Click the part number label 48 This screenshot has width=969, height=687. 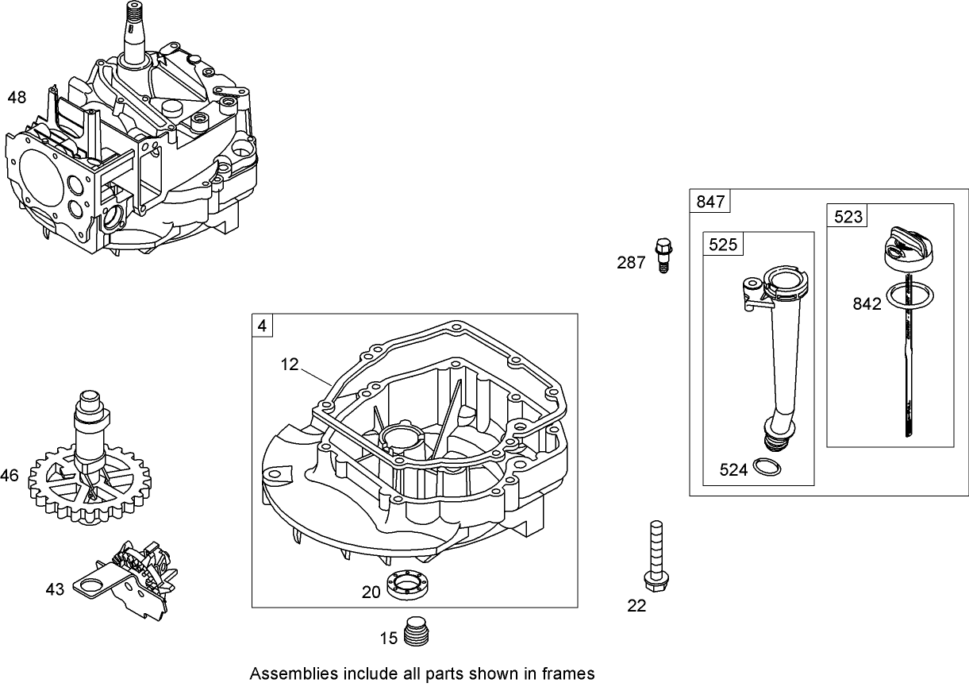tap(17, 98)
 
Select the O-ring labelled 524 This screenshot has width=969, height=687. tap(766, 469)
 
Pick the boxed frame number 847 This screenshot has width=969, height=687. tap(710, 202)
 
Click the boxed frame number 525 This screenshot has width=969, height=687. tap(723, 244)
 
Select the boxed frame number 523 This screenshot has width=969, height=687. tap(848, 216)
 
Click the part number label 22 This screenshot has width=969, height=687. tap(636, 606)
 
